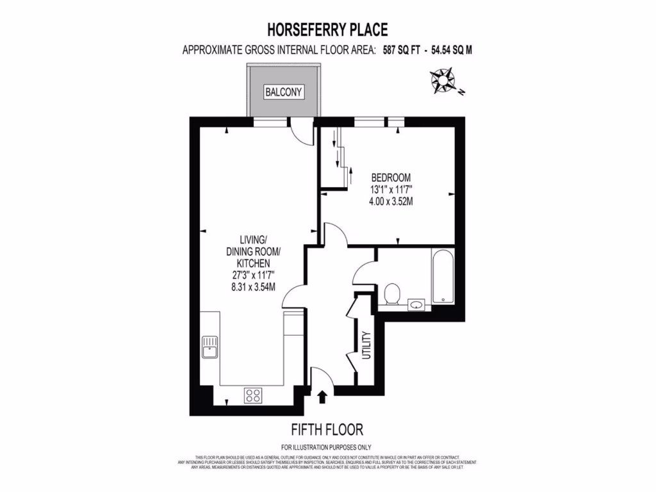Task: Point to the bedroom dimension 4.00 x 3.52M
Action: coord(390,201)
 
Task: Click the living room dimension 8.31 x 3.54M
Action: coord(254,286)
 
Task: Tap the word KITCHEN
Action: coord(253,263)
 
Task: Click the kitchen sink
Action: coord(210,348)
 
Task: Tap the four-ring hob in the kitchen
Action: coord(253,395)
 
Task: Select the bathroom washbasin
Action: coord(417,304)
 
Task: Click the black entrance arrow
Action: coord(322,397)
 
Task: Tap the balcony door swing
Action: coord(299,133)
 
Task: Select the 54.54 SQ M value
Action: coord(452,50)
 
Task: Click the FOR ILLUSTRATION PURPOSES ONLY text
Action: coord(327,447)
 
